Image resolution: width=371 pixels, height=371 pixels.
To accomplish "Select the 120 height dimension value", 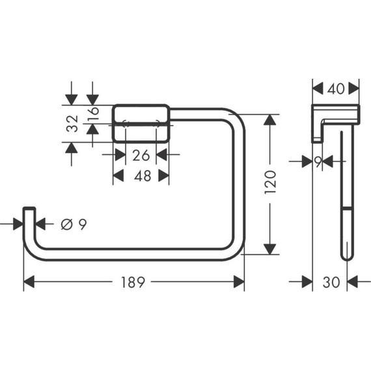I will [x=271, y=184].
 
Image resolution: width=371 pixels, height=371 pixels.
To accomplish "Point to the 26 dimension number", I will [x=141, y=155].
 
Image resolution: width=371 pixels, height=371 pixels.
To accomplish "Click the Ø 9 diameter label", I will [x=73, y=224].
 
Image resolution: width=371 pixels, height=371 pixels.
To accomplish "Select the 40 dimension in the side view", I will [x=336, y=88].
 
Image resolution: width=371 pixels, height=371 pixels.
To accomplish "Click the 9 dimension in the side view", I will [x=318, y=162].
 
